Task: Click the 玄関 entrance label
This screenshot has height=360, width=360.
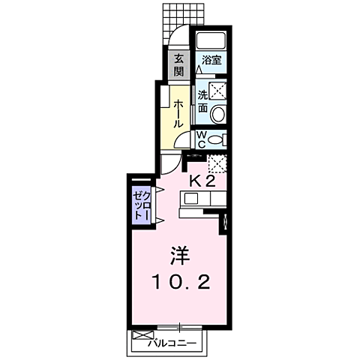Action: point(178,66)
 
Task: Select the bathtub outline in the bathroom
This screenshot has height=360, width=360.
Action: point(211,43)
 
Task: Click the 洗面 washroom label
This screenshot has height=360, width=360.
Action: point(202,102)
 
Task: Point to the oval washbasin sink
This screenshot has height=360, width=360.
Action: point(217,114)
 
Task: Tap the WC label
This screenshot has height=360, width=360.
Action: point(202,139)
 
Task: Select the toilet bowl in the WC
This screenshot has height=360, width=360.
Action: point(216,139)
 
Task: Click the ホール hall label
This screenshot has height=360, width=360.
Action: point(179,112)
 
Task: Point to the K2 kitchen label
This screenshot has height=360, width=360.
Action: point(202,181)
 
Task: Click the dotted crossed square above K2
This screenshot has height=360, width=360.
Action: point(217,163)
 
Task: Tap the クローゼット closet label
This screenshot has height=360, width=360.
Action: point(141,203)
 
